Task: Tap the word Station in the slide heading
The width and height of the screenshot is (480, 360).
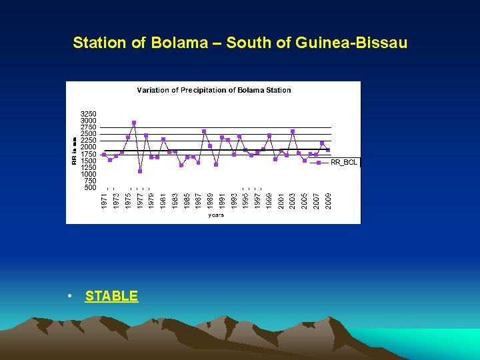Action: [x=98, y=43]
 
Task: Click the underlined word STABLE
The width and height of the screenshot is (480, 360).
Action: [x=111, y=296]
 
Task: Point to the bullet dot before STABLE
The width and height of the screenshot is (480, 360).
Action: [x=70, y=296]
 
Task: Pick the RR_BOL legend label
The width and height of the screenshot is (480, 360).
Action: [x=345, y=163]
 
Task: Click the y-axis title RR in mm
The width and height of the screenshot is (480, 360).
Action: [x=74, y=151]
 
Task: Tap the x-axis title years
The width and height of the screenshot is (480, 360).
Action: [x=216, y=215]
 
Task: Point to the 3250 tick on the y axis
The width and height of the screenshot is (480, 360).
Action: [x=89, y=114]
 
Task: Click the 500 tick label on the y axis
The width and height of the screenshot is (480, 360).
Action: [x=91, y=187]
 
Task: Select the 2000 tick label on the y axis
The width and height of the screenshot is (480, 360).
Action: [x=89, y=147]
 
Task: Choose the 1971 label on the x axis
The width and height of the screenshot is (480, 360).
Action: [x=104, y=199]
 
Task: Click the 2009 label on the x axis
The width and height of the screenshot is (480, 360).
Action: [x=328, y=199]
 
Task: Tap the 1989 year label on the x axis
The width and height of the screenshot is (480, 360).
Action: [x=210, y=199]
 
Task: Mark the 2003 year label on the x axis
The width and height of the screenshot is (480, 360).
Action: [x=293, y=199]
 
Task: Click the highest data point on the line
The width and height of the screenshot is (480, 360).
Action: [x=134, y=123]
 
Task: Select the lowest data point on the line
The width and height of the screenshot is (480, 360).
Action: [x=140, y=171]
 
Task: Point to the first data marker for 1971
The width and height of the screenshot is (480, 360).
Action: [x=104, y=155]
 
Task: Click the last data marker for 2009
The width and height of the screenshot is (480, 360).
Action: [x=328, y=150]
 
